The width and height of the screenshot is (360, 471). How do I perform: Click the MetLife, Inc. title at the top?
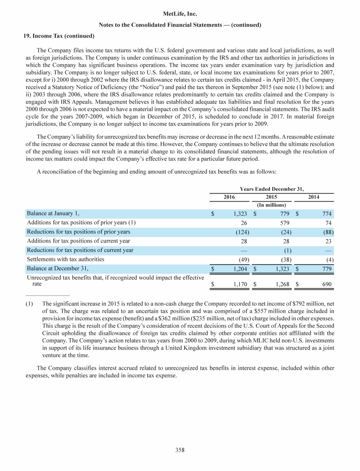180,15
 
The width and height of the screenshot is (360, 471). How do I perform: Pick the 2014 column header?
314,198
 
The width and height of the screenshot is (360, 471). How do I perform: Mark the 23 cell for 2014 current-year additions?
329,241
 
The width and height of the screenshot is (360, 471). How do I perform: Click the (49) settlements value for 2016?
242,259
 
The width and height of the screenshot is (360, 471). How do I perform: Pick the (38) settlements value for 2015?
283,259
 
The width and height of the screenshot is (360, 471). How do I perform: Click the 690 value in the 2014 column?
327,284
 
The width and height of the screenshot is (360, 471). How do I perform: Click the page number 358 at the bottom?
180,450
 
